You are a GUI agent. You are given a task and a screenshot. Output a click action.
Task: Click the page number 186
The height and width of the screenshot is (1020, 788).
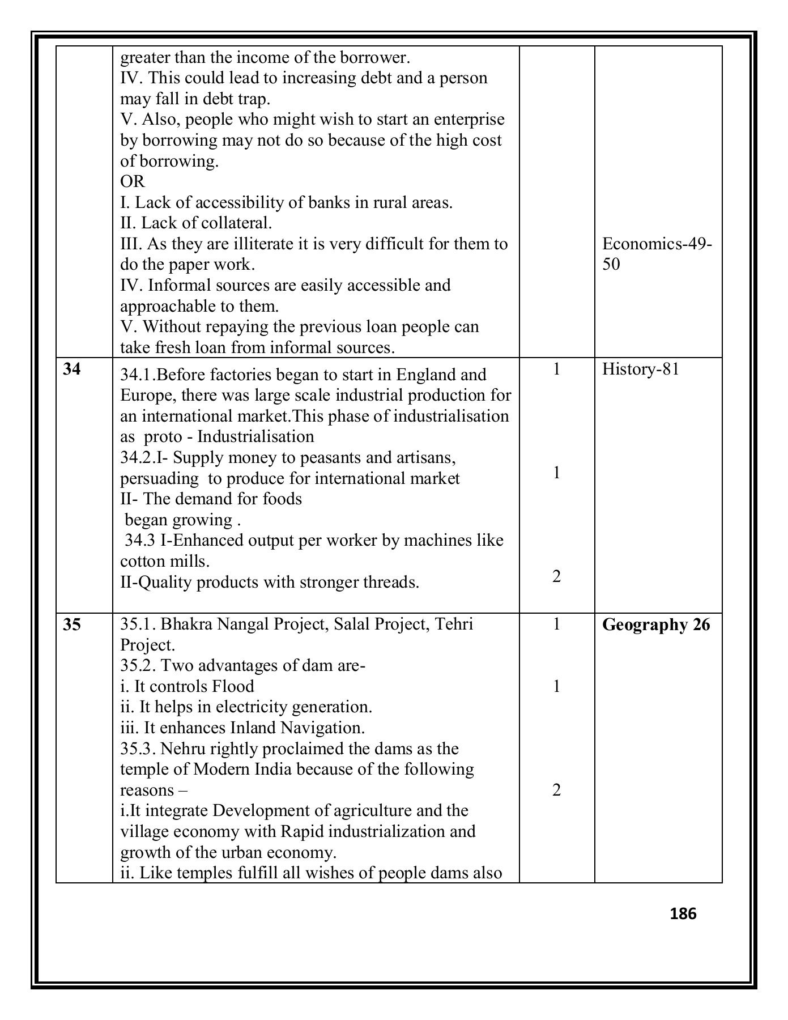click(x=683, y=913)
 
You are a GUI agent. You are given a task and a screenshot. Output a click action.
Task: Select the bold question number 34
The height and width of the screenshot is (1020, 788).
click(x=72, y=369)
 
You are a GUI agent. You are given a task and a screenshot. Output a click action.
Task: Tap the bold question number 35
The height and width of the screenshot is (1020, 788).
click(x=72, y=624)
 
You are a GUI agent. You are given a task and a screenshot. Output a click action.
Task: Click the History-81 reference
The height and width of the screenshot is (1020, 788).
click(x=640, y=369)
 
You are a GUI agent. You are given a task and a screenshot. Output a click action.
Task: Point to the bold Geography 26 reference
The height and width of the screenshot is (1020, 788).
click(x=655, y=624)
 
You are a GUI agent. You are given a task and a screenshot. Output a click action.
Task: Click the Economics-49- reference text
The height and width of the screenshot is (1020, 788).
click(x=657, y=244)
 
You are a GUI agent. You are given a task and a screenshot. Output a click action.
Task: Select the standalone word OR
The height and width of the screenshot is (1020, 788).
click(x=133, y=182)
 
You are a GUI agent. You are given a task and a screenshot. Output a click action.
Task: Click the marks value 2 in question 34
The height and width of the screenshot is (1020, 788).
click(x=556, y=576)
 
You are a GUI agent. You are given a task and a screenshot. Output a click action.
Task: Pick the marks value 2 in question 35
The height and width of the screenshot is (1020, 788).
click(x=556, y=790)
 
